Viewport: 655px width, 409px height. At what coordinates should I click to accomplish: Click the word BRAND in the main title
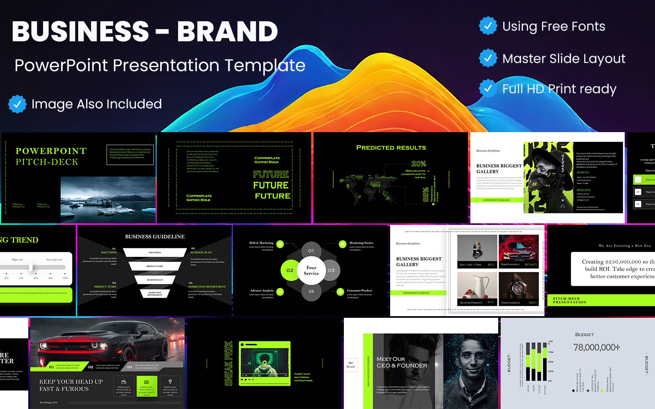[227, 32]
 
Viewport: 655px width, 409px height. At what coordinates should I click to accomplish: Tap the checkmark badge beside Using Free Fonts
[488, 26]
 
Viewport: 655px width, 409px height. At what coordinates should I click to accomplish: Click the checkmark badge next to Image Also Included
[17, 104]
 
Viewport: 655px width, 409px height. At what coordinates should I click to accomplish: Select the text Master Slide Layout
[563, 59]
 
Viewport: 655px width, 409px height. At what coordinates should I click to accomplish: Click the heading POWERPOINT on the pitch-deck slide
[51, 151]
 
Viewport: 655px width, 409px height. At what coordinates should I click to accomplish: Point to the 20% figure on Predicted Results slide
[418, 164]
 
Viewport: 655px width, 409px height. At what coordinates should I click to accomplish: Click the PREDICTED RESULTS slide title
[391, 148]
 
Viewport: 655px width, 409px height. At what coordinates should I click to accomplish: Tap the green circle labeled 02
[290, 270]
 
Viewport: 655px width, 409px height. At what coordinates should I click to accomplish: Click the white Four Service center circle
[311, 270]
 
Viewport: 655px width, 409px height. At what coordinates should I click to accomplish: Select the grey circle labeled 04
[311, 291]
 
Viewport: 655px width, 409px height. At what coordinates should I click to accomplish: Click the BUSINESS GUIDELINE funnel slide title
[155, 237]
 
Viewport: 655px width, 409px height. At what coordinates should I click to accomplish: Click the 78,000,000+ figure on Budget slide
[596, 348]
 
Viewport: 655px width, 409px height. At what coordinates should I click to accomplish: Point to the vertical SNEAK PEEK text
[228, 363]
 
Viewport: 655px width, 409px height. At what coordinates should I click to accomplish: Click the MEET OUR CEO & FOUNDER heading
[402, 362]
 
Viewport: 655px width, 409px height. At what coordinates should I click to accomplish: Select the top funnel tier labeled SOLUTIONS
[155, 253]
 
